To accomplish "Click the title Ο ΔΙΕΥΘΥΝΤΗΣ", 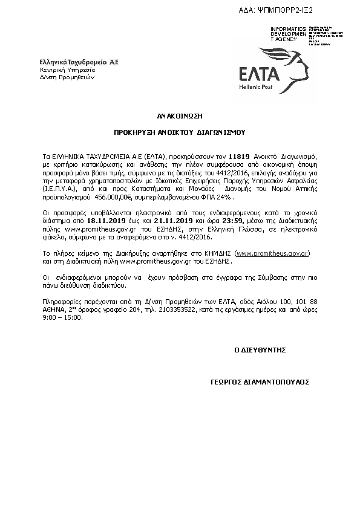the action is coord(260,350).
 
